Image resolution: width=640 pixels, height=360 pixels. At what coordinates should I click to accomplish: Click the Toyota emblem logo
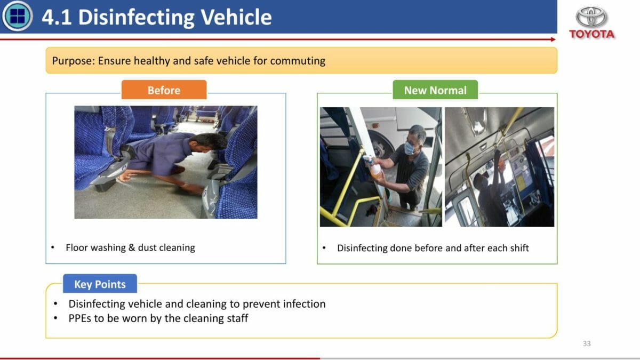click(x=591, y=17)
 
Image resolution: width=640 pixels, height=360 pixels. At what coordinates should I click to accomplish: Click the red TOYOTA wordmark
click(x=591, y=34)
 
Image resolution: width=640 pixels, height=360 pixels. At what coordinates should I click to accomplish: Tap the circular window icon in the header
click(x=17, y=15)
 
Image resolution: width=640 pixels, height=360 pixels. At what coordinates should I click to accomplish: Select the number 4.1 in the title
click(x=57, y=17)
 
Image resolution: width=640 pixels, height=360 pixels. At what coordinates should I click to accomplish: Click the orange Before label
click(x=164, y=90)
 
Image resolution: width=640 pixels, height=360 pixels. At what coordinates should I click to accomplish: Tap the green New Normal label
click(x=435, y=90)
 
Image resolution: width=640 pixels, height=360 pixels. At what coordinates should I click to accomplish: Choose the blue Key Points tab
click(x=100, y=284)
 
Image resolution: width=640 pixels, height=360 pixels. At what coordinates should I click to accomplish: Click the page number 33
click(x=587, y=343)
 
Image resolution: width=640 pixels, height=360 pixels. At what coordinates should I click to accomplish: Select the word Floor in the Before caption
click(x=76, y=247)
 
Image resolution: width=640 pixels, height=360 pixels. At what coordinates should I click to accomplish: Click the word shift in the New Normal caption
click(x=519, y=247)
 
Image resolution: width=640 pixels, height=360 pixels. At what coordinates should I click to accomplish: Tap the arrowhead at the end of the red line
click(x=553, y=39)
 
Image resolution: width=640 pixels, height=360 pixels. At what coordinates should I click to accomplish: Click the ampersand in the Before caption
click(x=132, y=247)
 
